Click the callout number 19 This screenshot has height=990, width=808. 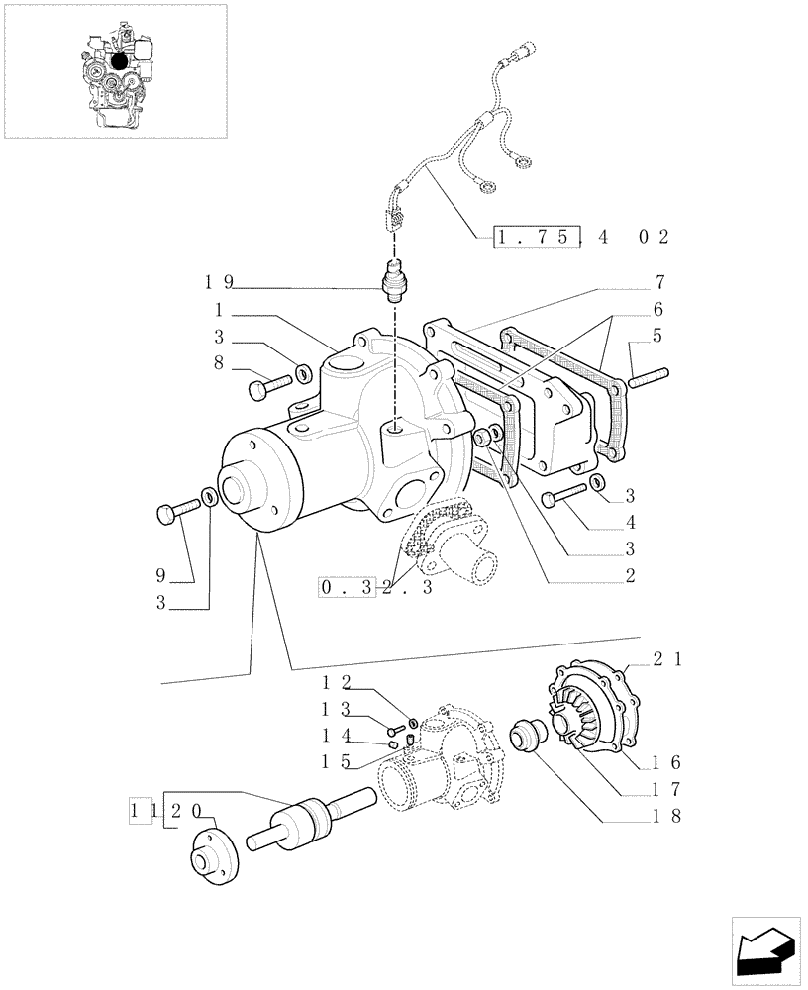click(220, 281)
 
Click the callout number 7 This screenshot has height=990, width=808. click(658, 281)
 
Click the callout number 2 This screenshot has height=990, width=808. click(629, 573)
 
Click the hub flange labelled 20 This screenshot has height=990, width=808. click(213, 852)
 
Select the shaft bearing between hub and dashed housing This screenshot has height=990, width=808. click(307, 817)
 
